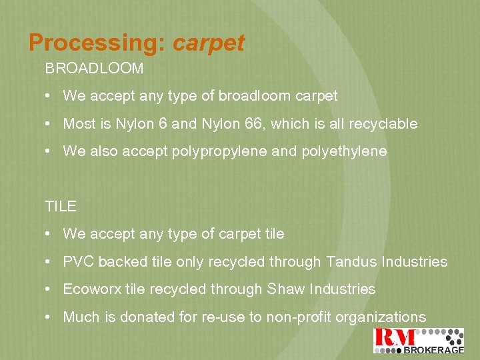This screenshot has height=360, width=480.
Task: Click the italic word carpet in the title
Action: click(x=209, y=43)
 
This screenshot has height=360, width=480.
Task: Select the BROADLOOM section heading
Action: click(x=94, y=69)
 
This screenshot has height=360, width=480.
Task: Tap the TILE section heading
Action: click(x=61, y=206)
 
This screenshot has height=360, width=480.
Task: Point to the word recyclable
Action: click(x=383, y=123)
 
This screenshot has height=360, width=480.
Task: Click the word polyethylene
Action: click(x=346, y=151)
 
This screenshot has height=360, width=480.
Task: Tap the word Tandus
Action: click(x=351, y=261)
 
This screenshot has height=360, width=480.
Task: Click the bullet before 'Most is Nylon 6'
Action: click(x=50, y=124)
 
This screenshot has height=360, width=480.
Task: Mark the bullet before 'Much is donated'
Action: click(x=50, y=318)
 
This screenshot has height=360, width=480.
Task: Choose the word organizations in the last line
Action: click(x=381, y=317)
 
